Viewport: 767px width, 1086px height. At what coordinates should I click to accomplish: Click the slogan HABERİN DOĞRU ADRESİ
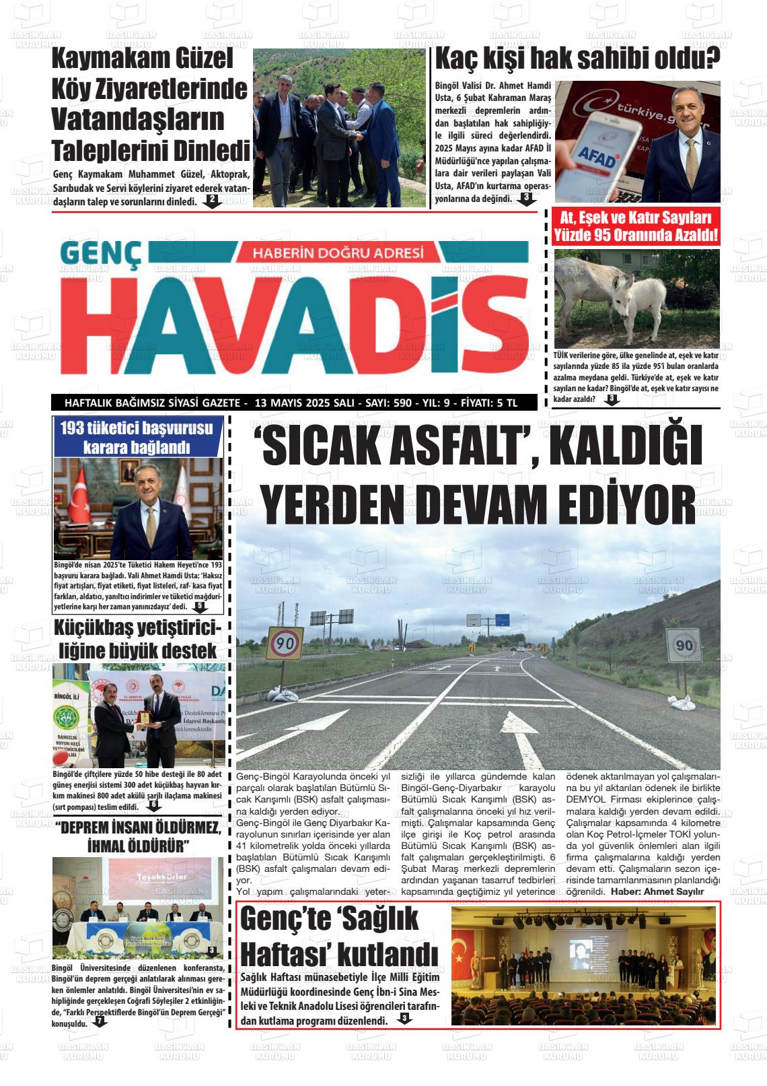pos(337,253)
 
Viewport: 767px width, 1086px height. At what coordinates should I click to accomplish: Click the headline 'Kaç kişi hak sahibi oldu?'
pos(577,59)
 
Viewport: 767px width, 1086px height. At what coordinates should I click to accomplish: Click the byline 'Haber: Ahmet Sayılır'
pos(657,891)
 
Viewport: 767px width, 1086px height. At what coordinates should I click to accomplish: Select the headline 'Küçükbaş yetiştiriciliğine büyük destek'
pos(139,640)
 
